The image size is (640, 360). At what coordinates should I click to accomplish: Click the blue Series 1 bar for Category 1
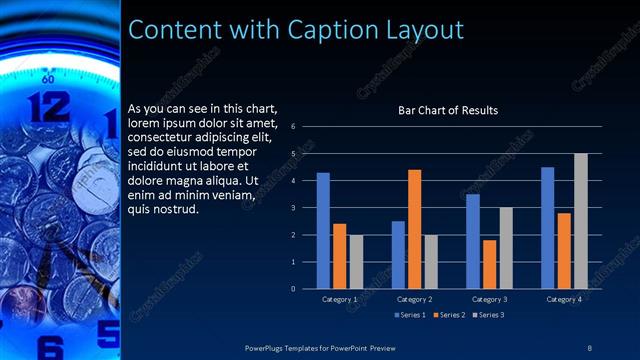tap(323, 231)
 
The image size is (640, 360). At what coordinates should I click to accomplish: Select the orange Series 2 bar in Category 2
tap(414, 229)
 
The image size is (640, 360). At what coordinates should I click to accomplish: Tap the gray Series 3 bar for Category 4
tap(580, 221)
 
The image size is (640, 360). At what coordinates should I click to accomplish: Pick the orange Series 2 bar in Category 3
tap(489, 264)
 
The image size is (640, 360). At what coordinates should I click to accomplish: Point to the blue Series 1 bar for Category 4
tap(547, 228)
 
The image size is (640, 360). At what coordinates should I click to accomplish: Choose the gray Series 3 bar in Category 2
tap(430, 262)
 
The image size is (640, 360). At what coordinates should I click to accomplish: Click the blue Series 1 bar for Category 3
tap(473, 241)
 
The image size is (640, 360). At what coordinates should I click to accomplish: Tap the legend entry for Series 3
tap(489, 316)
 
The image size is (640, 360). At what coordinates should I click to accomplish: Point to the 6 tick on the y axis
tap(292, 127)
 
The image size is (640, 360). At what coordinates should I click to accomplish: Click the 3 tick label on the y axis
tap(292, 208)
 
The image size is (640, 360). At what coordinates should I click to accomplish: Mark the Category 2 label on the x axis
tap(414, 299)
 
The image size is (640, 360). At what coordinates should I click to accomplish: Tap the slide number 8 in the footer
tap(590, 347)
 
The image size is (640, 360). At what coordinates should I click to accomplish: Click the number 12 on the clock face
tap(48, 106)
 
